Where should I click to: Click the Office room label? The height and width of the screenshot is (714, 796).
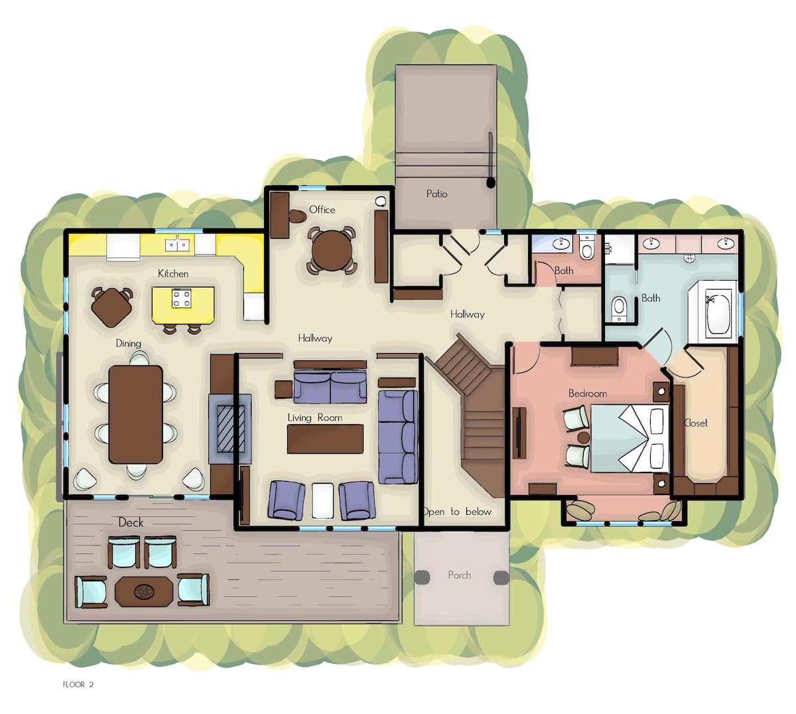(x=322, y=210)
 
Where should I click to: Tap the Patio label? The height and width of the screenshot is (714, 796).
(x=437, y=194)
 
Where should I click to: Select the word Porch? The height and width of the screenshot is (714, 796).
(x=459, y=575)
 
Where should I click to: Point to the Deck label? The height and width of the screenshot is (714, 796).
(x=131, y=522)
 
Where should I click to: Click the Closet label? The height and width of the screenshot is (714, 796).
(x=696, y=423)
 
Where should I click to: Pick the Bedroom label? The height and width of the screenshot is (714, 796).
(x=588, y=393)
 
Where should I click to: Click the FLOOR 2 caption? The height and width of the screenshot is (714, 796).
(x=78, y=685)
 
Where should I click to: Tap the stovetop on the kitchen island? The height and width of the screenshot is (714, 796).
(x=182, y=298)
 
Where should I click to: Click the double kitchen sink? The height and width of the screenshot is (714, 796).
(x=177, y=245)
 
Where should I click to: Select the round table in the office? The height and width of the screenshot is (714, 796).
(x=332, y=250)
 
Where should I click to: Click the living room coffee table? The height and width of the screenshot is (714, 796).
(x=325, y=439)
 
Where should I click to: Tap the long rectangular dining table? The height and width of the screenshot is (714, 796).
(x=135, y=415)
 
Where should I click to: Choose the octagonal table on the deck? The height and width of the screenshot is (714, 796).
(x=144, y=591)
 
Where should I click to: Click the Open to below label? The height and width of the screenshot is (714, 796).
(x=457, y=512)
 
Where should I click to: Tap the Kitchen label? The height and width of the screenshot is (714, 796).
(x=173, y=273)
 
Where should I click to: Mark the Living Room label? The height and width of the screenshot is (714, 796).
(x=314, y=417)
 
